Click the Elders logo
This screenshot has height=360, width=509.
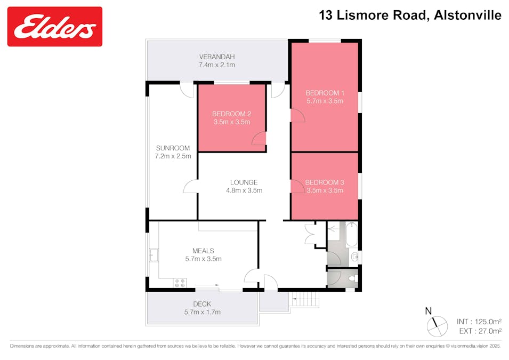(55, 26)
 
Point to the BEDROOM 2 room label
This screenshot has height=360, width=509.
(231, 114)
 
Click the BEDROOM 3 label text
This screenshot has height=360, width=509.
(324, 182)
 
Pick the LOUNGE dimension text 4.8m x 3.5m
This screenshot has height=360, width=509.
(244, 190)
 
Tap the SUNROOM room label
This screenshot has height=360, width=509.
(173, 148)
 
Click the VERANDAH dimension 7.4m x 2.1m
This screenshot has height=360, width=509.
(217, 65)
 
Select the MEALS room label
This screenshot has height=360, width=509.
(203, 251)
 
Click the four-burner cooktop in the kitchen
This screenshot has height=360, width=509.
(179, 283)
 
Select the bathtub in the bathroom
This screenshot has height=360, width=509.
(352, 235)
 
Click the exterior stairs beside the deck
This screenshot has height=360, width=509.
(306, 300)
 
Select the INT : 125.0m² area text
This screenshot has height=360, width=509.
(479, 322)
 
